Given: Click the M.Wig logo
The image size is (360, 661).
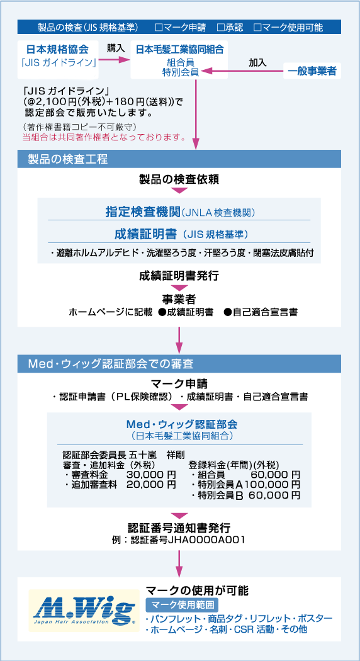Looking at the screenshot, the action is click(84, 610).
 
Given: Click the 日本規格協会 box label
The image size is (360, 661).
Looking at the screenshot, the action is click(58, 49).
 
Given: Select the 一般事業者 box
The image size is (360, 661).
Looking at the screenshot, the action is click(312, 71).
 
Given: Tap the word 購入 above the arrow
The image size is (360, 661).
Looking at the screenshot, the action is click(116, 48).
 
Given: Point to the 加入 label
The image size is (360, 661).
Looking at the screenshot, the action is click(258, 62).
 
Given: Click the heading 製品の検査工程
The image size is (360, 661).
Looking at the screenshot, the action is click(68, 159).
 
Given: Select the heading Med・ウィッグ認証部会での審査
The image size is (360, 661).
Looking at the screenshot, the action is click(111, 363).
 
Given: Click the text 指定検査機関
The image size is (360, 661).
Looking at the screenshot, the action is click(143, 212).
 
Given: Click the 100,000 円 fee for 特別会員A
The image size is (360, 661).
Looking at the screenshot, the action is click(272, 484).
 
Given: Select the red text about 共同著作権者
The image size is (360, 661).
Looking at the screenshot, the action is click(104, 137).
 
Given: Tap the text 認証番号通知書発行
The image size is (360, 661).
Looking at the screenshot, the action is click(179, 528).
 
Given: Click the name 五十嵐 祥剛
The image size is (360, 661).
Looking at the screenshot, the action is click(155, 455).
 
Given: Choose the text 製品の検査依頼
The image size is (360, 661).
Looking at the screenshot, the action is click(179, 179).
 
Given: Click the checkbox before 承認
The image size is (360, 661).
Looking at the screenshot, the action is click(220, 28).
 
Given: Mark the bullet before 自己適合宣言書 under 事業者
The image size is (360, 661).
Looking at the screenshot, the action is click(227, 312).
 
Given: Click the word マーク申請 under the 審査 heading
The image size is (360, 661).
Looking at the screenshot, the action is click(179, 385).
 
